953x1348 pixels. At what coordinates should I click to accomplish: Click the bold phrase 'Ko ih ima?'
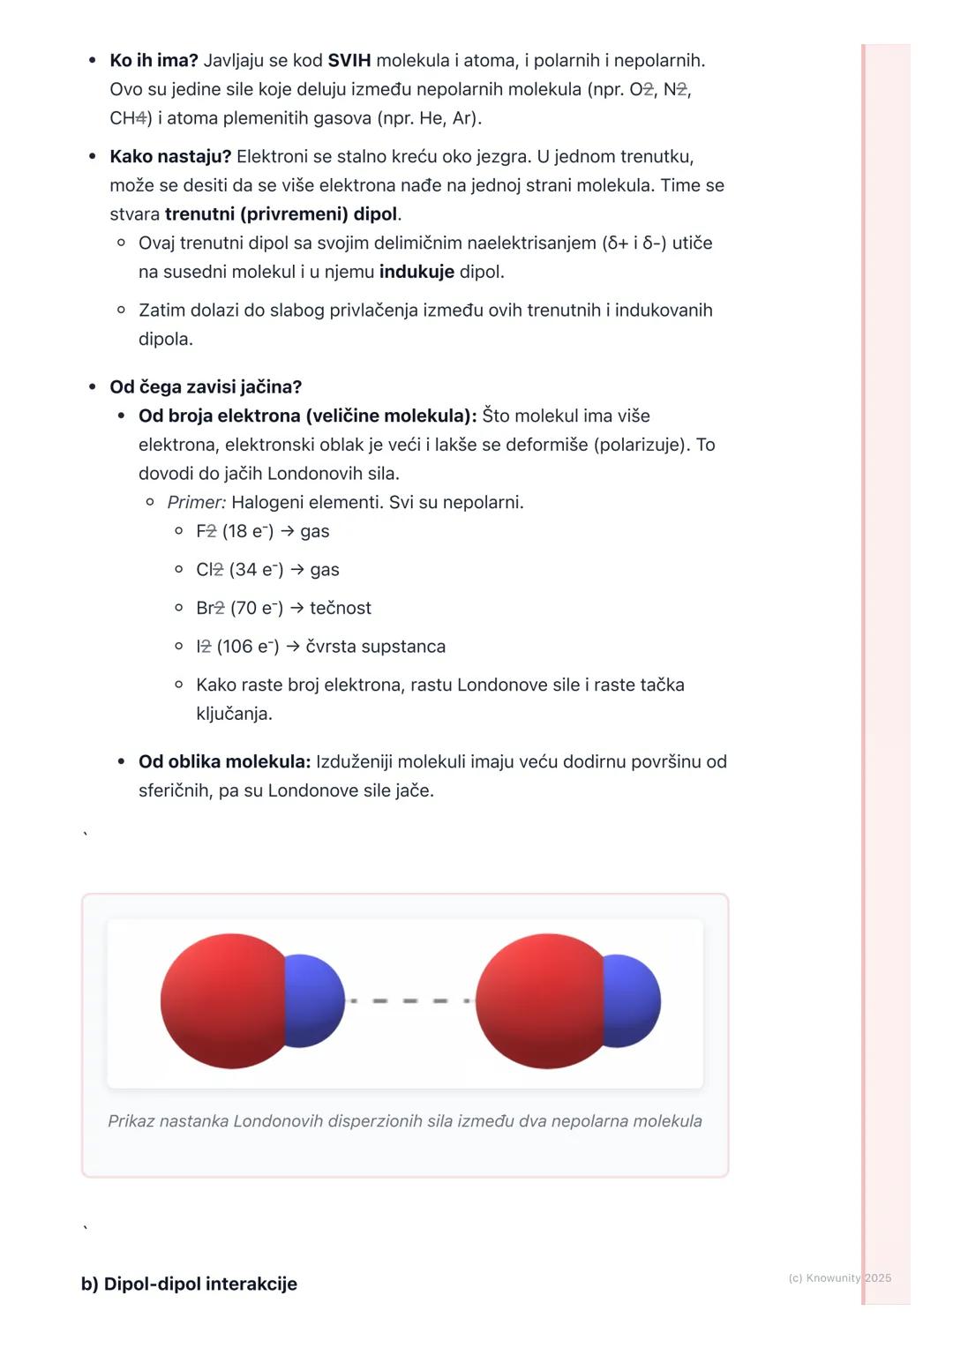[154, 61]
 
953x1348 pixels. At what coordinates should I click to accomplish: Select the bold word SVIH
[349, 61]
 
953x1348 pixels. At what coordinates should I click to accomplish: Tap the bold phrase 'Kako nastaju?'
[170, 157]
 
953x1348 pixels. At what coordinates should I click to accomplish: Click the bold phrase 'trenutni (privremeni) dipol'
[281, 214]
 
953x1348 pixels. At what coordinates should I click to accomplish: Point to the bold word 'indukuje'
[416, 272]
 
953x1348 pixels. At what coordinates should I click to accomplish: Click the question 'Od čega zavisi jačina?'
[206, 387]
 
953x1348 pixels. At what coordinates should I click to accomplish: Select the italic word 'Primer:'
[197, 503]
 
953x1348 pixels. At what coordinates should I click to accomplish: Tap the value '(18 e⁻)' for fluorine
[248, 531]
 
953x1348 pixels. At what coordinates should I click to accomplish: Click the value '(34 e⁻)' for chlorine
[256, 570]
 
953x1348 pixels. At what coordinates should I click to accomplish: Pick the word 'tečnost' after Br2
[341, 609]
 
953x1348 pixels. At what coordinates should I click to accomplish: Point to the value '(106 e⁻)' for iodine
[248, 647]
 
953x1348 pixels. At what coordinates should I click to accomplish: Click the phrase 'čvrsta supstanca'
[376, 647]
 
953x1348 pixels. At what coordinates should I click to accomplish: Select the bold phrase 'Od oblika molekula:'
[225, 761]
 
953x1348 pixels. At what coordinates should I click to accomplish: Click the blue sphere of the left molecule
[315, 1000]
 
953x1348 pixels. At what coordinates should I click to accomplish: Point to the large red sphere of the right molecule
[540, 1001]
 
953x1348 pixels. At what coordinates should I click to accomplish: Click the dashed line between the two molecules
[410, 1001]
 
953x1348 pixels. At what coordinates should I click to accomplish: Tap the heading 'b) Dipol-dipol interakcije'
[189, 1284]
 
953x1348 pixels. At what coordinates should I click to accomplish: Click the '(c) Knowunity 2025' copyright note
[839, 1277]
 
